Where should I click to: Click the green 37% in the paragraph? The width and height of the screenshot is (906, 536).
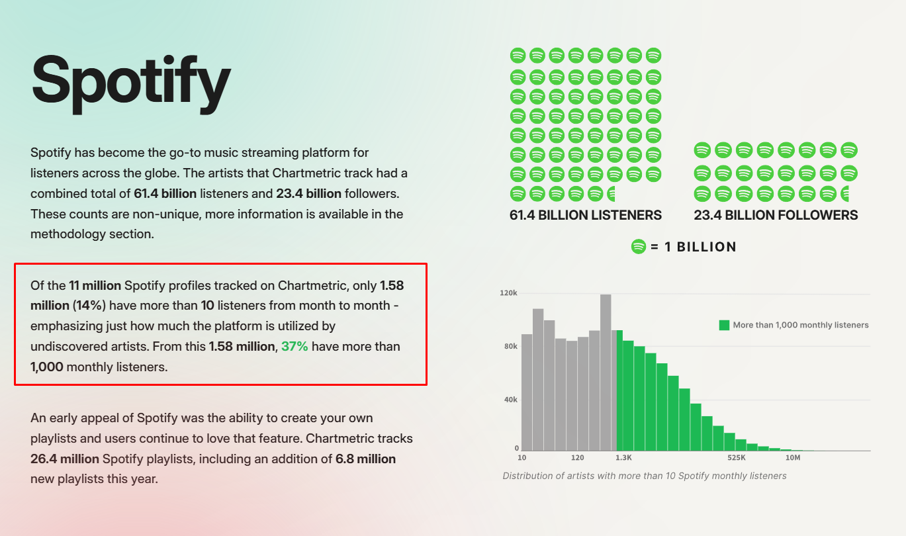(294, 346)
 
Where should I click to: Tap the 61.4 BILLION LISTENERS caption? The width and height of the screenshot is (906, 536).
(586, 215)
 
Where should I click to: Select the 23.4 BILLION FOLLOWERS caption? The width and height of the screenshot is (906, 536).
(776, 215)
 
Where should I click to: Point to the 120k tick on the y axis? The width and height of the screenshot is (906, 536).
(509, 292)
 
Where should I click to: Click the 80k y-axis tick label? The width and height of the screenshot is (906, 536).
(510, 346)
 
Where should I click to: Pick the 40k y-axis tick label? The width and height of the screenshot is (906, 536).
(510, 400)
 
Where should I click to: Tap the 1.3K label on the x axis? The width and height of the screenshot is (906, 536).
(624, 458)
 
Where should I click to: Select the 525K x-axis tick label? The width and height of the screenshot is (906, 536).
(737, 458)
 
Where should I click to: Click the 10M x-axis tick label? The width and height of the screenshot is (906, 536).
(793, 458)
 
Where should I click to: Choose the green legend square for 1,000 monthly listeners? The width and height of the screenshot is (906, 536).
(724, 325)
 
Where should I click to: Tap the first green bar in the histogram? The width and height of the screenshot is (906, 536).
(619, 390)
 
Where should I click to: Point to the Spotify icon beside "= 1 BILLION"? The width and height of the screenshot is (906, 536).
(638, 247)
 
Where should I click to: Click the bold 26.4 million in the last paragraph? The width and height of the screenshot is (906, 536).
(65, 459)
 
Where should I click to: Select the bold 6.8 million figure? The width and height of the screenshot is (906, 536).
(365, 459)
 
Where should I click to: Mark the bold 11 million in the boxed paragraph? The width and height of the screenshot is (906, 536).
(95, 286)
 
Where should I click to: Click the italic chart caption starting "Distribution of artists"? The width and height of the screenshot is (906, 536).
(645, 476)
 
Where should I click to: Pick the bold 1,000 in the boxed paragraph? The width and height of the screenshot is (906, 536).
(47, 367)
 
